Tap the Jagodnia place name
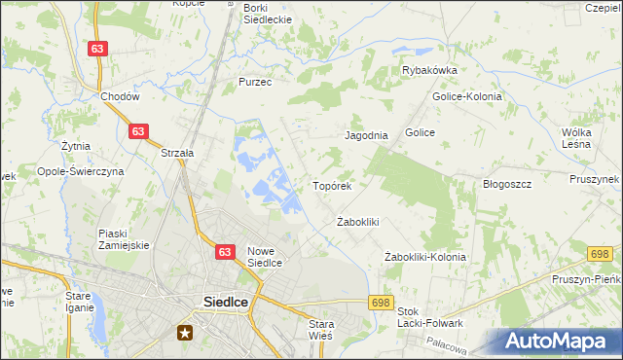point(367,136)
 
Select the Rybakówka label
point(430,70)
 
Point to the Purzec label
point(255,83)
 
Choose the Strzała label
point(178,153)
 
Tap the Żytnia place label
point(75,146)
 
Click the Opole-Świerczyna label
point(81,171)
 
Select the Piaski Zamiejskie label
point(124,239)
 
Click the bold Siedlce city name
point(225,302)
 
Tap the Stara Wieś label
point(320,330)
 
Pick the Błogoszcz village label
point(506,184)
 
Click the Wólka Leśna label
point(577,138)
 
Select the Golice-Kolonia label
point(467,97)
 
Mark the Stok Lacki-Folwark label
point(429,317)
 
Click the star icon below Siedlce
point(185,332)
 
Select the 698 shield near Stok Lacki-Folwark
point(381,303)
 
